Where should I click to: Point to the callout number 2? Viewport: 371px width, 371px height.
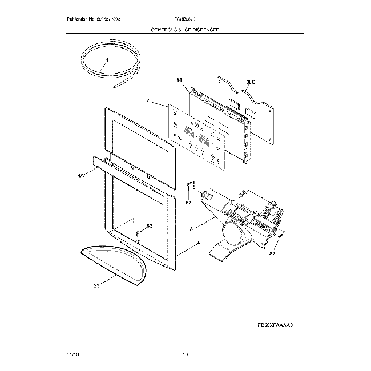[148, 100]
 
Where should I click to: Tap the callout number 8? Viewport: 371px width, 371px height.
[191, 228]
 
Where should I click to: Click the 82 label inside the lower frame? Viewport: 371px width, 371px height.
[149, 227]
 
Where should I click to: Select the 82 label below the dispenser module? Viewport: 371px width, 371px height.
[272, 252]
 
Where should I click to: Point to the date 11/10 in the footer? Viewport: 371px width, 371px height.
[74, 354]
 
